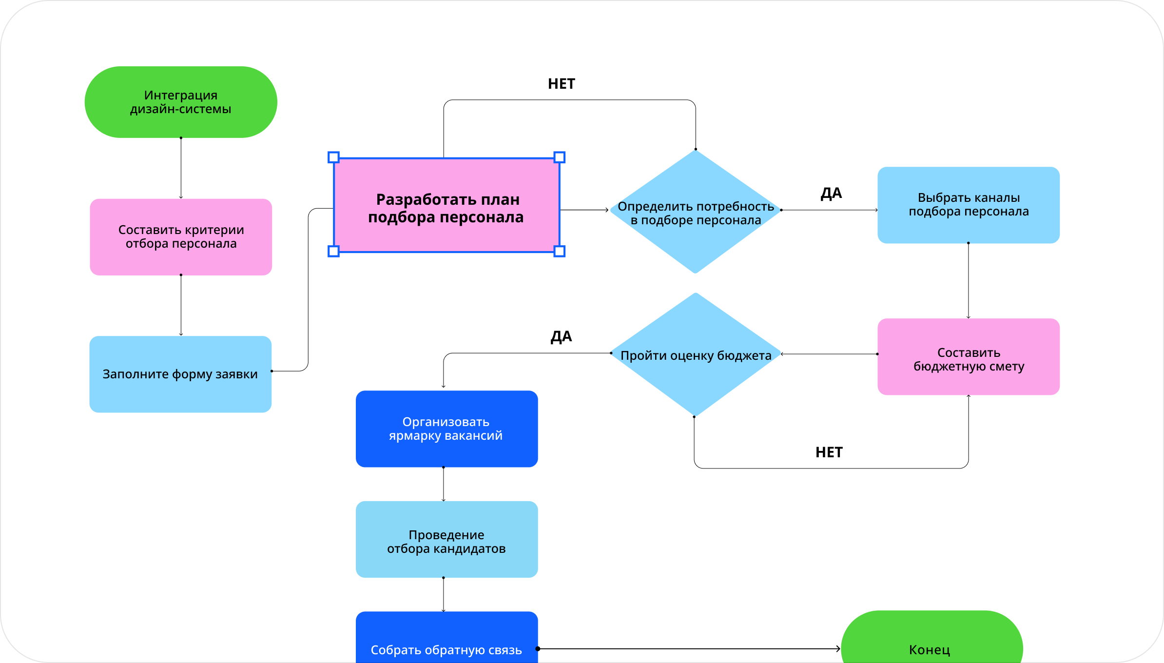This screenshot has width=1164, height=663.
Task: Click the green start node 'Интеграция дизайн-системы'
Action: [181, 102]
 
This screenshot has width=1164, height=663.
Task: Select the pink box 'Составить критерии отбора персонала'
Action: [181, 237]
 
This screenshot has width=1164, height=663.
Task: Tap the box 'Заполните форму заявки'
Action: [180, 374]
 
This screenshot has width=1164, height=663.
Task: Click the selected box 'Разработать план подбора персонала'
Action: [446, 208]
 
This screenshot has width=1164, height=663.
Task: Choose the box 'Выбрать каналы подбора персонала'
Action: [969, 205]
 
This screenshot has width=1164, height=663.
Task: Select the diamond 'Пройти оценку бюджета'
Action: [696, 355]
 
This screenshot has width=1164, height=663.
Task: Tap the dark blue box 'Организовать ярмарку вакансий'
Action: [446, 429]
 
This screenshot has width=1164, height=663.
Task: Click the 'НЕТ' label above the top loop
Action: [562, 84]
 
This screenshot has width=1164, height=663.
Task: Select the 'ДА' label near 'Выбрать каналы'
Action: [831, 194]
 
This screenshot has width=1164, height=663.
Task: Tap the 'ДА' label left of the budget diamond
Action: [561, 336]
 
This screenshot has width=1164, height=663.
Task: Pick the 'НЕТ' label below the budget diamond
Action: [829, 452]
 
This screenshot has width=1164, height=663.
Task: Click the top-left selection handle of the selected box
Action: [333, 157]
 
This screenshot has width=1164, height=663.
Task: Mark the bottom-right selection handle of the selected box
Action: [560, 252]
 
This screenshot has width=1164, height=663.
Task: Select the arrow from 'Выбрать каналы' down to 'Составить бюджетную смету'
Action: [969, 281]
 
